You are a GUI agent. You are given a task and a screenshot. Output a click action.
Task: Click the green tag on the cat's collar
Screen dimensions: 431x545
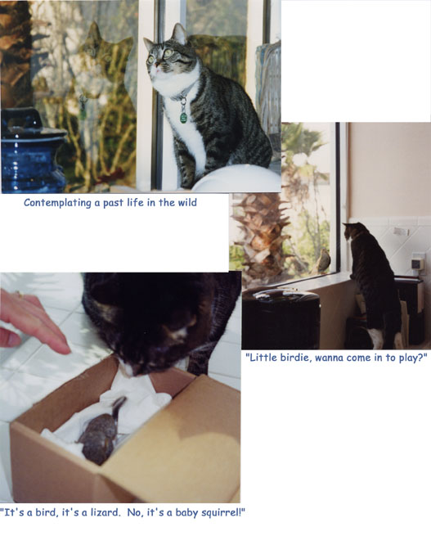point(183,117)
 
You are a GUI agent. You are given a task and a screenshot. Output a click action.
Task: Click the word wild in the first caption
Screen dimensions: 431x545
point(187,202)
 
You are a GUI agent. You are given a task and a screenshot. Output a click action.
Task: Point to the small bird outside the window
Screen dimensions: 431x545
point(324,260)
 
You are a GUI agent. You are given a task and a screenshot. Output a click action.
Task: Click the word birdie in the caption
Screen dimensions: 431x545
point(296,358)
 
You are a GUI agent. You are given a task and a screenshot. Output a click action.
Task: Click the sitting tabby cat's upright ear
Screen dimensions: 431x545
point(180,34)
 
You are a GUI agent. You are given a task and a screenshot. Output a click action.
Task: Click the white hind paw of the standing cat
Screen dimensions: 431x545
point(375,339)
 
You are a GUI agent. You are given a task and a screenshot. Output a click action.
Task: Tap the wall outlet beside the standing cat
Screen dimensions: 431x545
point(418,263)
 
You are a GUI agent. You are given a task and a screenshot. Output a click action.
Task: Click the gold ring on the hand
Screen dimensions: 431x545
point(18,295)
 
